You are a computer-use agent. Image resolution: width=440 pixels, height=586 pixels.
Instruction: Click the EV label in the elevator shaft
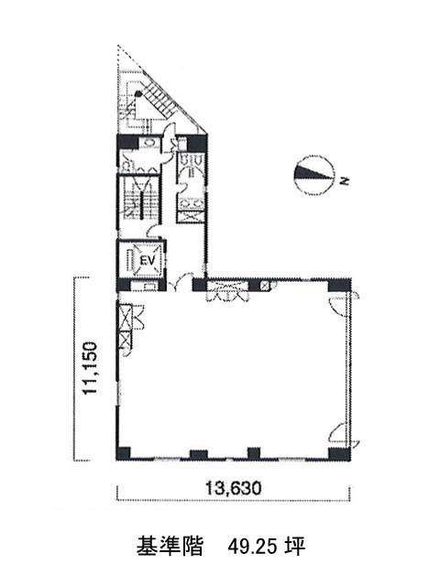pyautogui.click(x=147, y=260)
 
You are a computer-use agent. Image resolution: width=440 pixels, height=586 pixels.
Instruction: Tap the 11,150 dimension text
pyautogui.click(x=91, y=368)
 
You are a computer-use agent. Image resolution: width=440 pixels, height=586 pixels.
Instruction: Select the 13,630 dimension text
pyautogui.click(x=233, y=488)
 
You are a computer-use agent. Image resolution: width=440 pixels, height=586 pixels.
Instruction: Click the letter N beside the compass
pyautogui.click(x=345, y=181)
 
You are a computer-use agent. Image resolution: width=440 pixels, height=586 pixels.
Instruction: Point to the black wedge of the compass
pyautogui.click(x=309, y=172)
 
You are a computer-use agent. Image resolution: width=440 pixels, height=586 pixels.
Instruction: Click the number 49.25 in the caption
pyautogui.click(x=253, y=547)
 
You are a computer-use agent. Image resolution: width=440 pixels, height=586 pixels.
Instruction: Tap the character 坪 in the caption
pyautogui.click(x=295, y=547)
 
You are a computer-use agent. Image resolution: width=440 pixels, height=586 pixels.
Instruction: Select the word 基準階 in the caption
pyautogui.click(x=170, y=547)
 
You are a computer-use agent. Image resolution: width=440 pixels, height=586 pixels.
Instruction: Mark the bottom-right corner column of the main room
pyautogui.click(x=339, y=453)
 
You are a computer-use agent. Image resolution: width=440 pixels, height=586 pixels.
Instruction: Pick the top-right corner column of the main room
pyautogui.click(x=339, y=285)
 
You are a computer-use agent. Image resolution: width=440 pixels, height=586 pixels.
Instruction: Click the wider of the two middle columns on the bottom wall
pyautogui.click(x=199, y=454)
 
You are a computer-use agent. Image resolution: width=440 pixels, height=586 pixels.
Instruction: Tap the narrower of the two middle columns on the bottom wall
pyautogui.click(x=254, y=453)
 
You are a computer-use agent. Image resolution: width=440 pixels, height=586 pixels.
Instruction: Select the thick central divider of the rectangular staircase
pyautogui.click(x=142, y=204)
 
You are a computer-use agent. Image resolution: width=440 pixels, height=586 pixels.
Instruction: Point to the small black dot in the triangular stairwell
pyautogui.click(x=138, y=93)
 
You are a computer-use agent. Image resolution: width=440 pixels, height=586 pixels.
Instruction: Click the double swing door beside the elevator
pyautogui.click(x=179, y=284)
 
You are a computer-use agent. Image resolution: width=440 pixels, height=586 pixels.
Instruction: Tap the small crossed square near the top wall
pyautogui.click(x=265, y=286)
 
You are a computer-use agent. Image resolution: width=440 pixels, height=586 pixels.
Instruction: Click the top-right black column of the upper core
pyautogui.click(x=197, y=143)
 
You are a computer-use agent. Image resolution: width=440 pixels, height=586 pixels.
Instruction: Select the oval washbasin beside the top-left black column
pyautogui.click(x=148, y=143)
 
